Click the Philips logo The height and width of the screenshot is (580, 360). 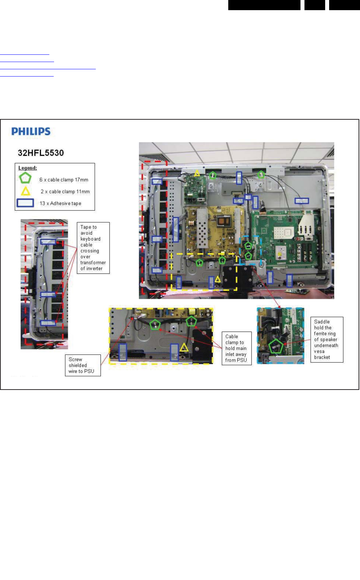coord(31,131)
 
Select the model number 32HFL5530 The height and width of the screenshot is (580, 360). coord(41,153)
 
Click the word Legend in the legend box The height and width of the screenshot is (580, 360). coord(28,168)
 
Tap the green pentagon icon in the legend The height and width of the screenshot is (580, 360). coord(25,178)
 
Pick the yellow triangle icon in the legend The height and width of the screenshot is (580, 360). coord(25,191)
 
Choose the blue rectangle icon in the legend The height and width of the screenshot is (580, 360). coord(25,203)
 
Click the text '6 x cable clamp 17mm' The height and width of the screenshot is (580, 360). coord(64,180)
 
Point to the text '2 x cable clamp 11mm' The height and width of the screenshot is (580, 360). coord(65,192)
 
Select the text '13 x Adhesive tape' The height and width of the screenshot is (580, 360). coord(60,203)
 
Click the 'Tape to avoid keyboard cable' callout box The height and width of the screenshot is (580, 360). coord(93,248)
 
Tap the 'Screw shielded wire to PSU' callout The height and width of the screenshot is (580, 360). coord(82,365)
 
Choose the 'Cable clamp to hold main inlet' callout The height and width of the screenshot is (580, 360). coord(236,348)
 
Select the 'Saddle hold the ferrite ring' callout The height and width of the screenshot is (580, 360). coord(327,340)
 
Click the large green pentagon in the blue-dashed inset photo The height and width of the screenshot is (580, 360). coord(276,346)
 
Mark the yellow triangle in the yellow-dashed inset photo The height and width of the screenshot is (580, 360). coord(184,347)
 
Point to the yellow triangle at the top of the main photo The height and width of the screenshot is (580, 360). coord(197,173)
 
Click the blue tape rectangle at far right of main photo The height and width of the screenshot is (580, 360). coord(302,201)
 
